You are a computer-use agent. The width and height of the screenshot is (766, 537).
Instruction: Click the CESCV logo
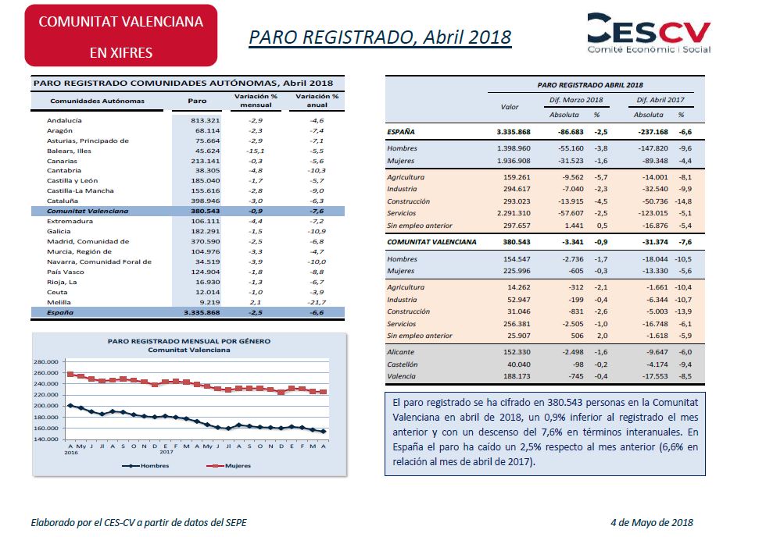click(649, 33)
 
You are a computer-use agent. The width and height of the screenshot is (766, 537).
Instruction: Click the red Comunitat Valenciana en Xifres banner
click(121, 36)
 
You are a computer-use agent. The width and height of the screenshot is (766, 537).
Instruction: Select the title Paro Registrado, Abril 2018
click(380, 37)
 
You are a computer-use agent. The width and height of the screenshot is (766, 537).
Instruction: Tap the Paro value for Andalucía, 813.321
click(205, 120)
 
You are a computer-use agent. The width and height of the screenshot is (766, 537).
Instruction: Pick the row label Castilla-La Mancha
click(80, 190)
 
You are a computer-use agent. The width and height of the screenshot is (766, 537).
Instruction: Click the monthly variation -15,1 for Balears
click(256, 151)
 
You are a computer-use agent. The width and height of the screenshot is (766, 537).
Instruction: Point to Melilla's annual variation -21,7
click(317, 302)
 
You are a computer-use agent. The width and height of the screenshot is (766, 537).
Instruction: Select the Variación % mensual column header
click(256, 101)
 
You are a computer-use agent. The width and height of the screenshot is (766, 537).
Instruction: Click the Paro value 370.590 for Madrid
click(205, 241)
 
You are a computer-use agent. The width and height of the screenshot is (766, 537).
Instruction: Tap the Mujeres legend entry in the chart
click(228, 466)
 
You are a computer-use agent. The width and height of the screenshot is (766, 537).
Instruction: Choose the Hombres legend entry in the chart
click(145, 466)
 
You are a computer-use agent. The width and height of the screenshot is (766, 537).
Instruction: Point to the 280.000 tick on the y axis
click(46, 362)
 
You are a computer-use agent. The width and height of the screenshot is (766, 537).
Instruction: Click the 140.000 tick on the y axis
click(46, 439)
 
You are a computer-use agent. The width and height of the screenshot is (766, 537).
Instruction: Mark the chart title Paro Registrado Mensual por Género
click(189, 341)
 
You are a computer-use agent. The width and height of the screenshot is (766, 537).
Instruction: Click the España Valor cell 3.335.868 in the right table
click(514, 132)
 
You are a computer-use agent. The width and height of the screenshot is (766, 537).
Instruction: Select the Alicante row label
click(400, 352)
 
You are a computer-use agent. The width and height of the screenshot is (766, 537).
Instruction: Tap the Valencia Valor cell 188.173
click(517, 376)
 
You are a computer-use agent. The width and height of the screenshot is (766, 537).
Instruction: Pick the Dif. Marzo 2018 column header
click(576, 100)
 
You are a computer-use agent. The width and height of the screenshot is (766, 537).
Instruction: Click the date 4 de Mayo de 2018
click(652, 523)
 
